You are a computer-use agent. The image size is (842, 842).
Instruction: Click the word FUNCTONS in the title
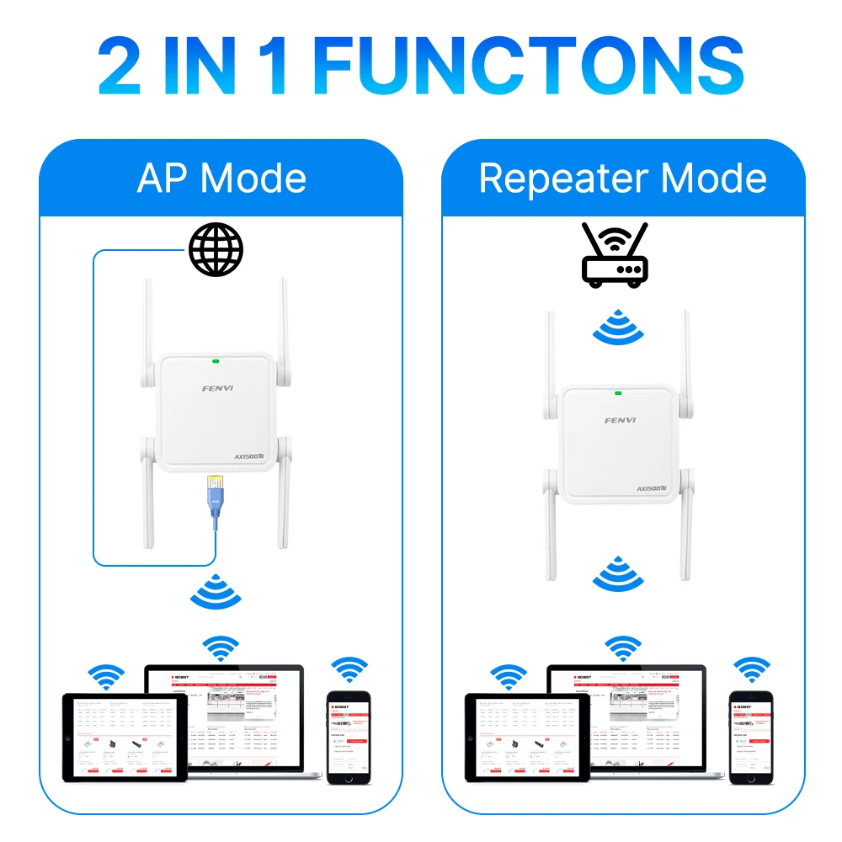point(528,67)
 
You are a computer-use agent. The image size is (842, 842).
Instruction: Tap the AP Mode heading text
point(221,179)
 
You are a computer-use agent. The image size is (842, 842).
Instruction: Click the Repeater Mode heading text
point(623,179)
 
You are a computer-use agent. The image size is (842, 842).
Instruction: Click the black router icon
point(616,255)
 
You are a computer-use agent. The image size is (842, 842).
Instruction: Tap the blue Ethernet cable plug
point(215,497)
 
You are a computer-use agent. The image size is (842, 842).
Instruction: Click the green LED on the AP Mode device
point(216,361)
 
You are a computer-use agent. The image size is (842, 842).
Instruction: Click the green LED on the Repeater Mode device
point(618,392)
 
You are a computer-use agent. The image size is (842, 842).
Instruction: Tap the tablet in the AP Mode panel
point(126,738)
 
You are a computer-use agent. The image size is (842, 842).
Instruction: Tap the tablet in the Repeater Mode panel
point(529,738)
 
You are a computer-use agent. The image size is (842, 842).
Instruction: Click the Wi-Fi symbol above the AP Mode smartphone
point(349,670)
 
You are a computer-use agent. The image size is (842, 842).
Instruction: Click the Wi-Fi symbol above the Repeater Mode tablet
point(509,676)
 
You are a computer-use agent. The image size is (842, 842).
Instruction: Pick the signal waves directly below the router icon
point(619,328)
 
